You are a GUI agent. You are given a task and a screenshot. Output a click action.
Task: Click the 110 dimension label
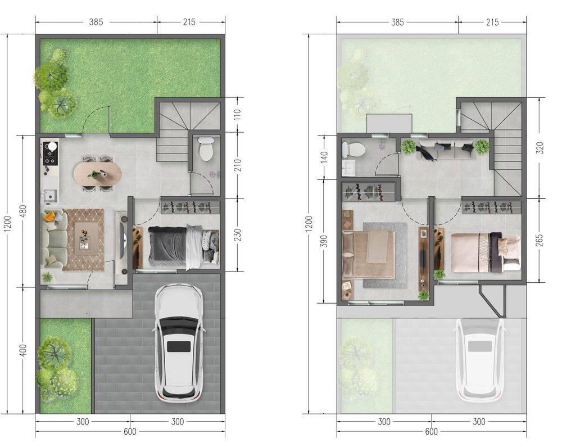point(237,114)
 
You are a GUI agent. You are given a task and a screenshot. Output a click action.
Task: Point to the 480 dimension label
point(22,211)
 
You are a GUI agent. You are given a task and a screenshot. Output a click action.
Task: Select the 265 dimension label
point(540,240)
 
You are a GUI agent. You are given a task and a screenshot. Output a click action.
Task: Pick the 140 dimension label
point(324,157)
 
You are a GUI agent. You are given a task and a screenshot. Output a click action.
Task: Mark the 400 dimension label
point(22,350)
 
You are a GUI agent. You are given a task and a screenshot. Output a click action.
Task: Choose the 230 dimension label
point(237,235)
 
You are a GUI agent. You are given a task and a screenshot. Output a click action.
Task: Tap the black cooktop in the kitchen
point(51,153)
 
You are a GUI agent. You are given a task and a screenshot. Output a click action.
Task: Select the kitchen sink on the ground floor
point(50,195)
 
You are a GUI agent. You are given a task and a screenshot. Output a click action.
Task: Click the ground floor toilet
point(206,149)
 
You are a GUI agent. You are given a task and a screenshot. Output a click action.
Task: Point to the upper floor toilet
point(353,150)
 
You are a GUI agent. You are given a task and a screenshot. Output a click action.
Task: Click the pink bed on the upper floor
point(486,251)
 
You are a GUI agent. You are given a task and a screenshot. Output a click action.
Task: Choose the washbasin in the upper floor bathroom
point(348,168)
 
